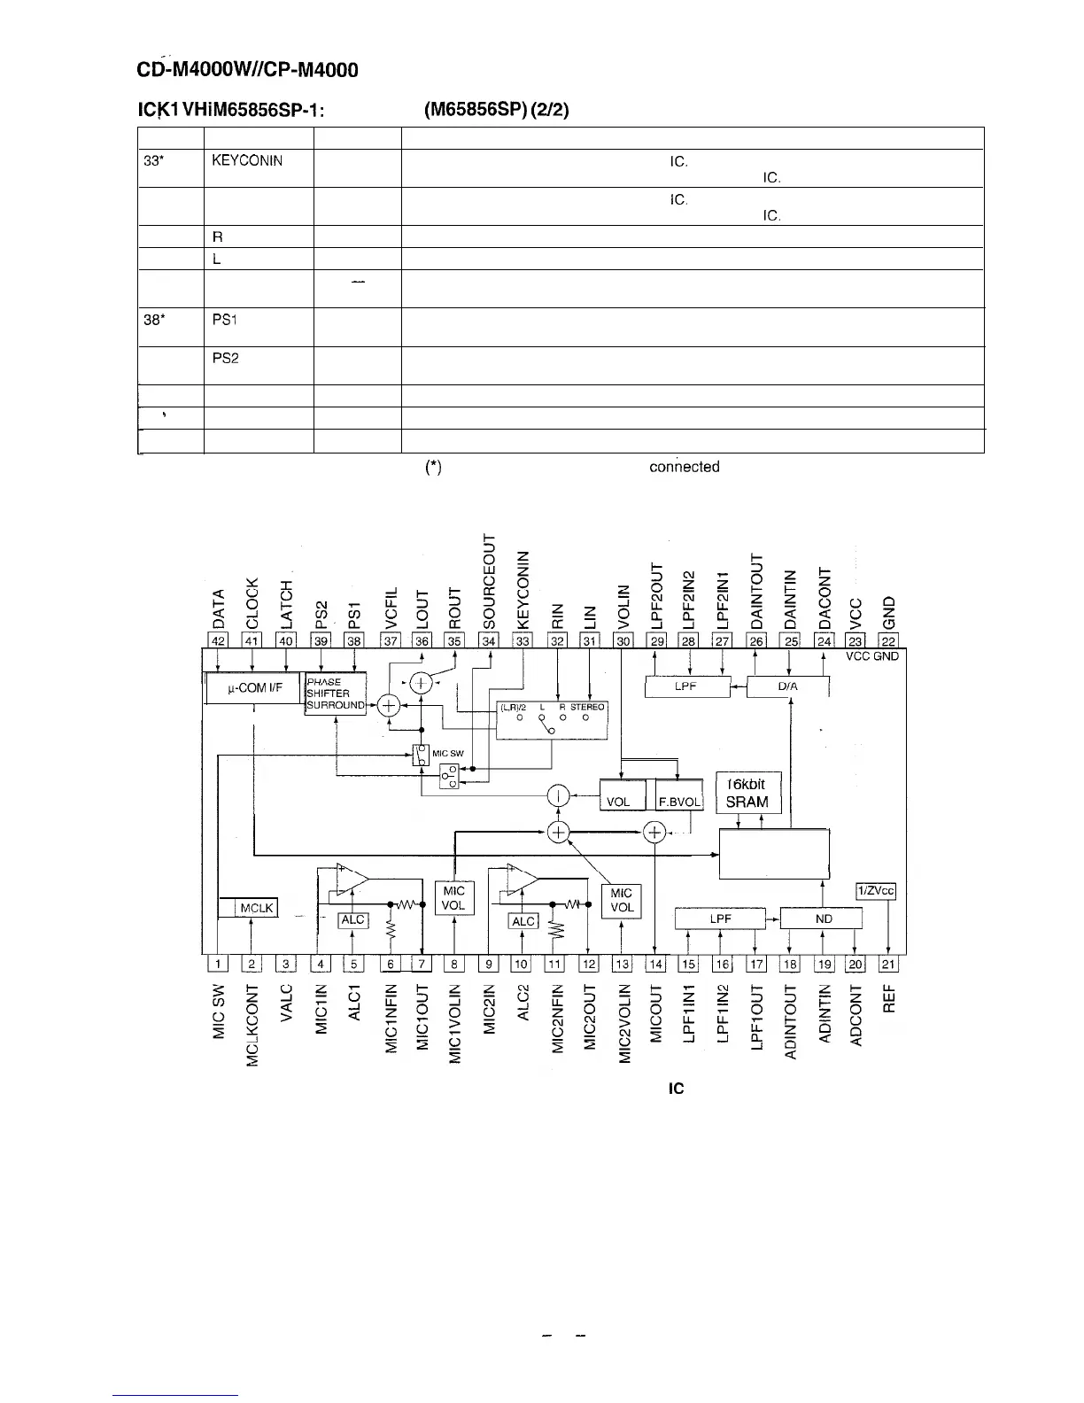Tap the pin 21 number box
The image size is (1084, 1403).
(x=888, y=964)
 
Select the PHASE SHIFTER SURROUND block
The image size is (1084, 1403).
(x=335, y=694)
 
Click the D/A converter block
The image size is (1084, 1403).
(x=787, y=686)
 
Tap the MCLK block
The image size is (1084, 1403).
(x=255, y=908)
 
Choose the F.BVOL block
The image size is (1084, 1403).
(x=679, y=802)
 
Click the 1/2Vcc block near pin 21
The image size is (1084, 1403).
(x=875, y=891)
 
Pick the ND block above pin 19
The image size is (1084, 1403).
(x=823, y=919)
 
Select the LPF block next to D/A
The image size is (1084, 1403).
(x=687, y=686)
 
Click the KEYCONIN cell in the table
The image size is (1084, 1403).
(x=247, y=161)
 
